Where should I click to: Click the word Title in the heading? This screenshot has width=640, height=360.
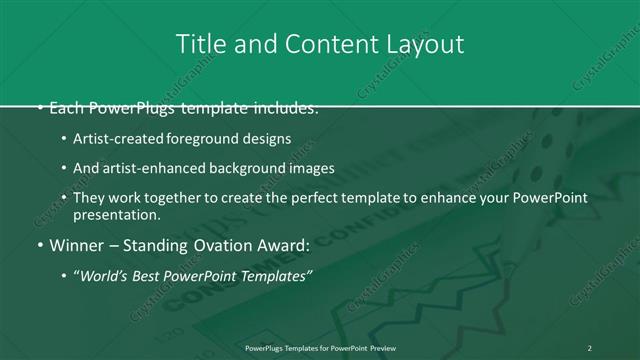(x=197, y=45)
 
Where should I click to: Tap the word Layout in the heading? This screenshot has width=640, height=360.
(x=425, y=45)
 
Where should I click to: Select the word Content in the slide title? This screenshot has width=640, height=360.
(x=326, y=45)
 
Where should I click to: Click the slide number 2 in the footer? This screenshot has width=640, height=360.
(x=589, y=347)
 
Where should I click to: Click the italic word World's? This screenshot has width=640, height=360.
(x=108, y=276)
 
